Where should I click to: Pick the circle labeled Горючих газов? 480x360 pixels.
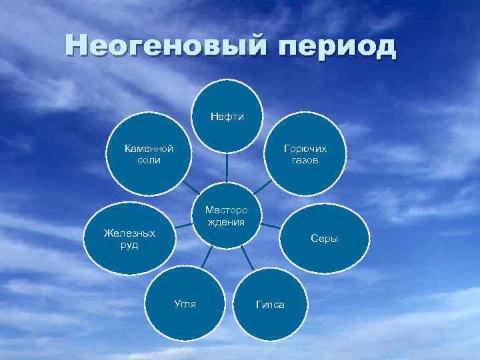pos(305,157)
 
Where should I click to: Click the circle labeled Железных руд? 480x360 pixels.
pos(130,239)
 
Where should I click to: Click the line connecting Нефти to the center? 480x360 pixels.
pos(227,167)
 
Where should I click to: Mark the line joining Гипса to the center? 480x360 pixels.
pos(248,259)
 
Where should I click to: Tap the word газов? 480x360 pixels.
pos(305,161)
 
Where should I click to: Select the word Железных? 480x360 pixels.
pos(130,233)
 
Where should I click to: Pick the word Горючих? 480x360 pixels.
pos(305,149)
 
